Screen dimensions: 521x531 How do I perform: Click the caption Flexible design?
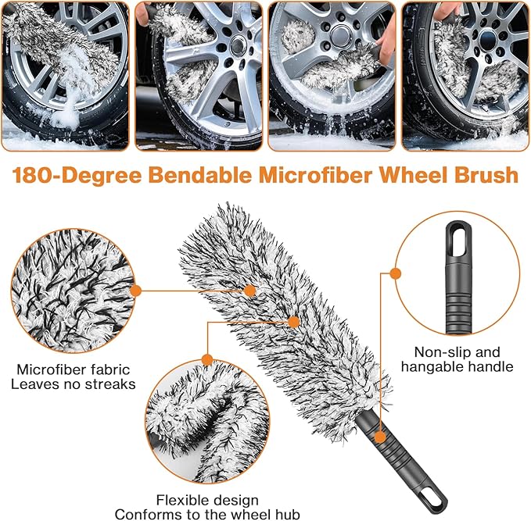point(207,500)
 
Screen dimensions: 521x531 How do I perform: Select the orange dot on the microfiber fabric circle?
point(135,290)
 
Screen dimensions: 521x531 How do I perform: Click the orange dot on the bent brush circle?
point(206,360)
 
